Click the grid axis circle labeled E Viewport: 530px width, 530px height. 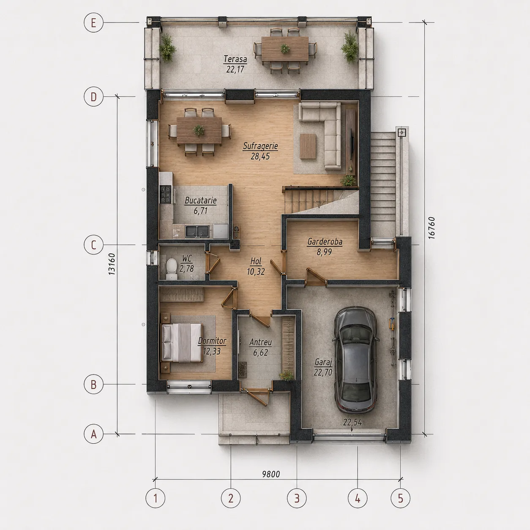point(93,23)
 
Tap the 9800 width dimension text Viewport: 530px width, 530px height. point(271,474)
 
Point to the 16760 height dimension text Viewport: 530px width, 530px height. point(432,228)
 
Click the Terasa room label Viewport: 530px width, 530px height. point(235,59)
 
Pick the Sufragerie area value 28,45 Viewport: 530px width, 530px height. point(260,156)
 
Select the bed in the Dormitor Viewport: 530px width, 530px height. point(182,342)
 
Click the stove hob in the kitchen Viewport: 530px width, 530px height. point(166,194)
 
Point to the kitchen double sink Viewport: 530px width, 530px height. point(197,231)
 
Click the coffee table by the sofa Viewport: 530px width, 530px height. point(308,146)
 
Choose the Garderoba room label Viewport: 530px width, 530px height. point(325,242)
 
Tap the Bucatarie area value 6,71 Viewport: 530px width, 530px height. point(200,211)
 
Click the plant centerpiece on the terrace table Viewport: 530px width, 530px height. point(285,49)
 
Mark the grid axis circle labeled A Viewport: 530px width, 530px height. point(93,434)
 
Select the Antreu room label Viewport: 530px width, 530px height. point(260,342)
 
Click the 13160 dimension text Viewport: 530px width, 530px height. point(112,264)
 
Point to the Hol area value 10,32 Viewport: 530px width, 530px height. point(256,272)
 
